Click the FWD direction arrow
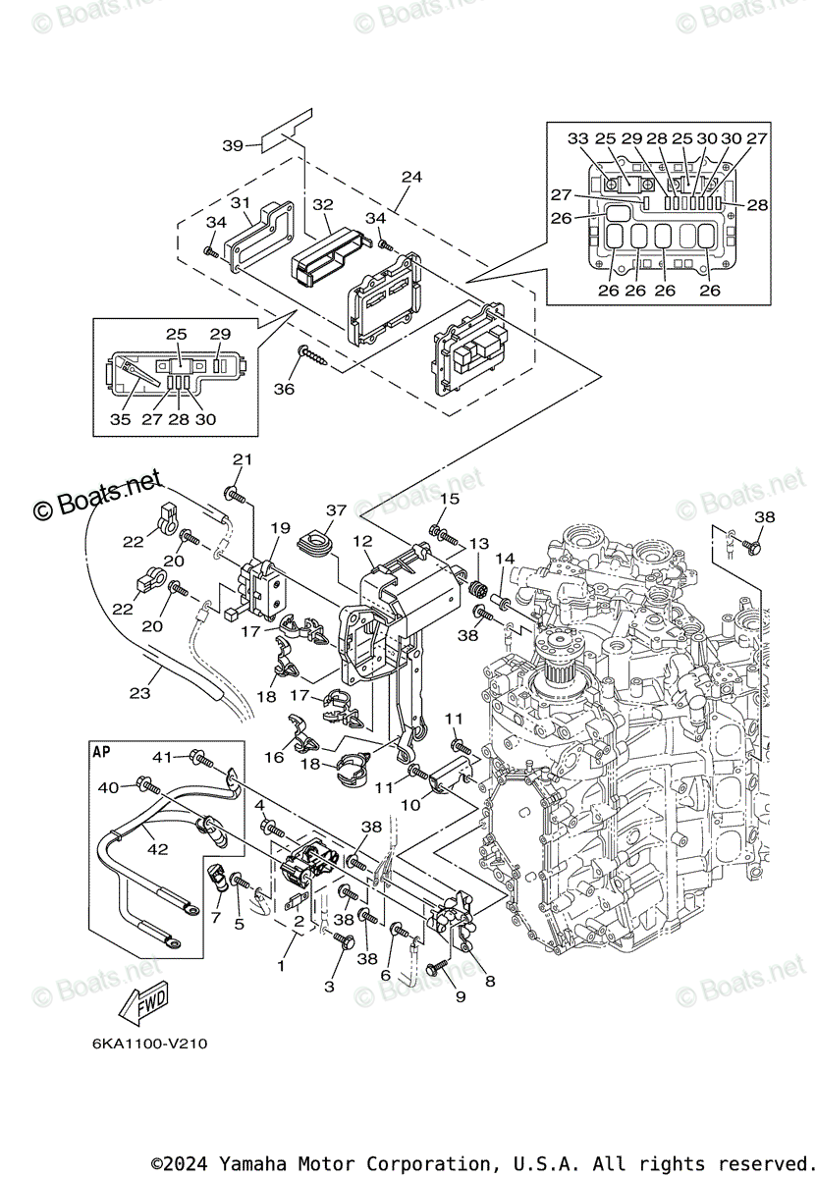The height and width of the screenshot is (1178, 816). click(x=143, y=1003)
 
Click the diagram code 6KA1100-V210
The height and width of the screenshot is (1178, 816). click(x=150, y=1043)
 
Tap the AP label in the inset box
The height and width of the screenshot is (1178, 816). click(x=101, y=752)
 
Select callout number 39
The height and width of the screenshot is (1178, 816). click(x=232, y=145)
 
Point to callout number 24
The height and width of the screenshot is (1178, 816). click(x=411, y=177)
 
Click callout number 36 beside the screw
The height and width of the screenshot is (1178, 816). click(x=284, y=389)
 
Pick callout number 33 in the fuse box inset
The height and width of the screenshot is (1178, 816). click(x=577, y=138)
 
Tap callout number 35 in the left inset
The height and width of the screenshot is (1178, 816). click(x=120, y=419)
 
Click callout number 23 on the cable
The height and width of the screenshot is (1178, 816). click(x=140, y=693)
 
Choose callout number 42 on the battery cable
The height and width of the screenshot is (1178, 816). click(x=157, y=849)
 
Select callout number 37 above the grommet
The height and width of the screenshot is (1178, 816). click(x=336, y=509)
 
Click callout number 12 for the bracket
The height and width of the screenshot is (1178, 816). click(x=363, y=541)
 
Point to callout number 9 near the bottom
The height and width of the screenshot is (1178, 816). click(x=461, y=996)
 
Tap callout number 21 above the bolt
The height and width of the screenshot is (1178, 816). click(x=243, y=459)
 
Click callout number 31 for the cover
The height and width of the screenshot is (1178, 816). click(x=240, y=202)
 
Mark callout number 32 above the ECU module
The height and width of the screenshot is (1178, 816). click(x=323, y=204)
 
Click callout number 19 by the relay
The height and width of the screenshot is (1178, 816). click(x=281, y=527)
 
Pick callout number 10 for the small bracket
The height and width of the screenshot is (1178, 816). click(x=410, y=805)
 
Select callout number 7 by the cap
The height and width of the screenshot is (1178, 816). click(x=215, y=918)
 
